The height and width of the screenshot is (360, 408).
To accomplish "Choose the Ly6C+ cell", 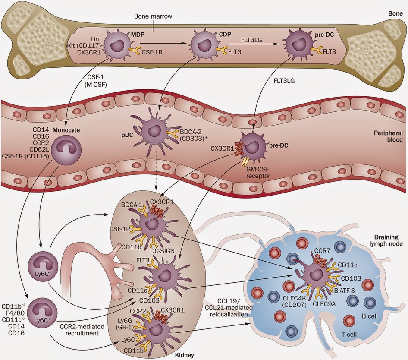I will click(40, 310).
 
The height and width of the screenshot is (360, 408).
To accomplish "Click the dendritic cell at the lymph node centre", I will click(316, 276).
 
